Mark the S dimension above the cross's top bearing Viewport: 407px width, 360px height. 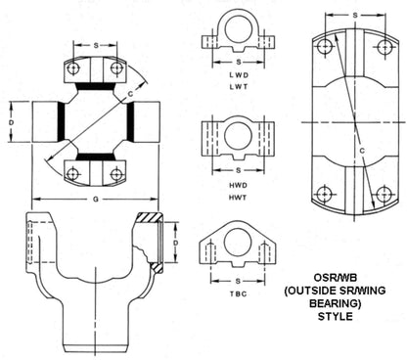pyautogui.click(x=96, y=45)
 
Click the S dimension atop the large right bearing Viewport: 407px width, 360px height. pyautogui.click(x=353, y=16)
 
